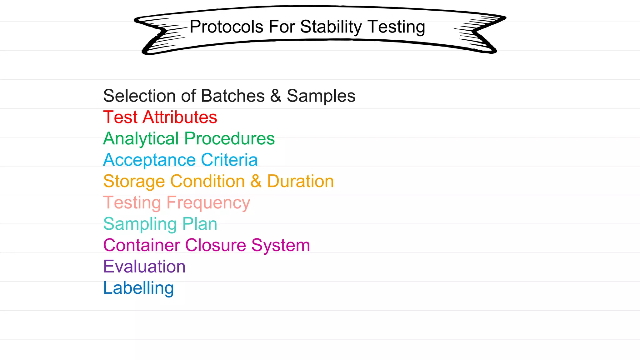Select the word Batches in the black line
pos(233,96)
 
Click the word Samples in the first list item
pos(321,96)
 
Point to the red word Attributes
pos(180,117)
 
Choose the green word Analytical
pos(141,139)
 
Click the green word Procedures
pos(229,138)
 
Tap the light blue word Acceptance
pos(149,160)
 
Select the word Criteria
pos(229,160)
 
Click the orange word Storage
pos(134,182)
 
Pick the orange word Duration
pos(300,181)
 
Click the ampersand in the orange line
pos(256,181)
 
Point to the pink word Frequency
pos(208,203)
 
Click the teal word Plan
pos(200,224)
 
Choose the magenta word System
pos(281,246)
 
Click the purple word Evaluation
pos(144,267)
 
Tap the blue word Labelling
pos(138,288)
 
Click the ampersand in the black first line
pos(276,96)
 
